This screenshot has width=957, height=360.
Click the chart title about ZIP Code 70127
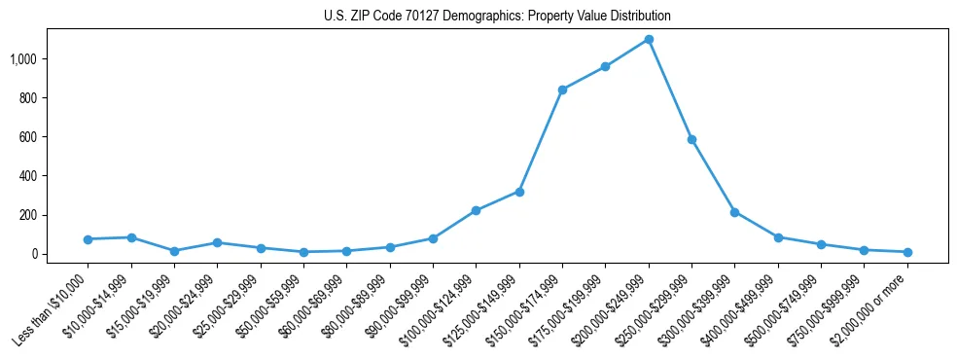pos(497,17)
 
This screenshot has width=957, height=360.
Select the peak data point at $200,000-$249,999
pos(649,39)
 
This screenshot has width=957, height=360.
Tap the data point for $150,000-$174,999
pos(562,90)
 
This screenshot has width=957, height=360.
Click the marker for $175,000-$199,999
pos(605,66)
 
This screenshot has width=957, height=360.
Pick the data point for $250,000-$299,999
pos(691,139)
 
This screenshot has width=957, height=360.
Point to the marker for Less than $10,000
pos(88,239)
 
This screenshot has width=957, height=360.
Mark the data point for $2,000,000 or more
pos(907,252)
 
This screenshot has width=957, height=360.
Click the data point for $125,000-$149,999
pos(519,192)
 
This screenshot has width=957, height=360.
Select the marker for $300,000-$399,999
pos(734,212)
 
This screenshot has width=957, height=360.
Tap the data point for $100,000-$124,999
pos(476,210)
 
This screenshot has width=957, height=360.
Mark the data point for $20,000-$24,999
pos(217,242)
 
